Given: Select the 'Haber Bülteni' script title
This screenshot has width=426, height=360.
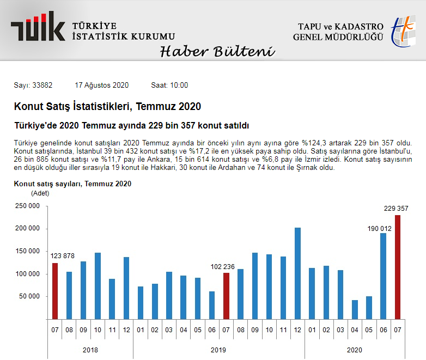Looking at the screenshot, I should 217,51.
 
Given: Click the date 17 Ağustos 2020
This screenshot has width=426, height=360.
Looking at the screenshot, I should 101,85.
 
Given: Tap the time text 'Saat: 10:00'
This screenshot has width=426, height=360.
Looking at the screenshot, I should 169,85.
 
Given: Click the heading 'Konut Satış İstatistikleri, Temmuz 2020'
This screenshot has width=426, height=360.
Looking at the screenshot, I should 107,106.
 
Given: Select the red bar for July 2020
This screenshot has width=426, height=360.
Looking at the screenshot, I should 398,267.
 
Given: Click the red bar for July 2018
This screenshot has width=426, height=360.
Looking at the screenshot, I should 54,291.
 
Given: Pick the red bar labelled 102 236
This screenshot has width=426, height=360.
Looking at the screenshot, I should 227,296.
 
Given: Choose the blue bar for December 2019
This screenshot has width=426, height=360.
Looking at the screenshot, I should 297,273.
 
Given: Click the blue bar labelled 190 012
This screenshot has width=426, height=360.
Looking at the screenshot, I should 384,276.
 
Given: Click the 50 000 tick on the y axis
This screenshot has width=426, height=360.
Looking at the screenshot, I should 28,296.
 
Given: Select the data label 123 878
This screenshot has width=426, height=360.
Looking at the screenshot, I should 63,256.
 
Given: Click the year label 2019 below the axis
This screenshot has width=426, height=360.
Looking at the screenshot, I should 218,350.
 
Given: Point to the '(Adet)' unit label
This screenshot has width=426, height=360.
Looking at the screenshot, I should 40,193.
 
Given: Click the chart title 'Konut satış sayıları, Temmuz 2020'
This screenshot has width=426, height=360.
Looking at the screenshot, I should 72,184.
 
